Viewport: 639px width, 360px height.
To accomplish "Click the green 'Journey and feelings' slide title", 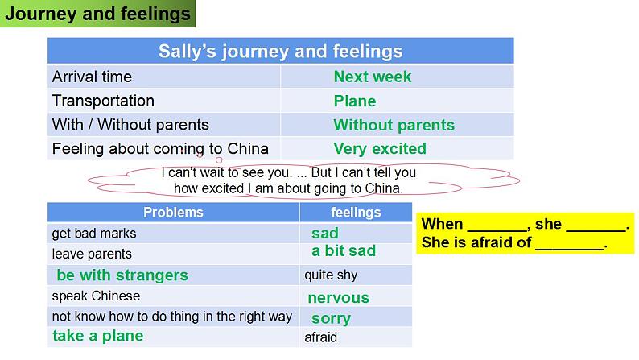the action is coord(98,14).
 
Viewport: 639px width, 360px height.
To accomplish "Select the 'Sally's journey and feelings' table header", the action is coord(280,52).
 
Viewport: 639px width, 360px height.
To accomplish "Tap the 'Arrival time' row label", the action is coord(92,77).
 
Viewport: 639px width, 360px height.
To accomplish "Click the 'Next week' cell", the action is coord(373,77).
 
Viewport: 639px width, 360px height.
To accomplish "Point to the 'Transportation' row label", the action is coord(103,101).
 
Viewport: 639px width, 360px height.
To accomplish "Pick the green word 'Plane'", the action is coord(355,101).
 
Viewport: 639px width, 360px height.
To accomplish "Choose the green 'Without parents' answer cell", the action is coord(394,125).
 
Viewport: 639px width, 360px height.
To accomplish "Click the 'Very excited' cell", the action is coord(380,149).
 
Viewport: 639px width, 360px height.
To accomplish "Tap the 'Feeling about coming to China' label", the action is coord(160,149).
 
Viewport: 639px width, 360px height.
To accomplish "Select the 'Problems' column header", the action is coord(173,213).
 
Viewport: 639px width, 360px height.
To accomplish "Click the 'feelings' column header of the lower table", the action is coord(356,213).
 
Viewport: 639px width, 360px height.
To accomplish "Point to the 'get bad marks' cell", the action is coord(93,234).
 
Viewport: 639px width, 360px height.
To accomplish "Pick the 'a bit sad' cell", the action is coord(344,250).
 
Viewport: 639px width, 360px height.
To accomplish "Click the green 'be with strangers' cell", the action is coord(122,275).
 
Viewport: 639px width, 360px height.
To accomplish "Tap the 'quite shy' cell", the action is coord(331,275).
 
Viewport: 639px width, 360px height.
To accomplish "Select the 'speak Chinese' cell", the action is coord(96,296).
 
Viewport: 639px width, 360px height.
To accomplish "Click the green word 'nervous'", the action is coord(339,298).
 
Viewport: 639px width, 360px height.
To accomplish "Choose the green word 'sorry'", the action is coord(331,318).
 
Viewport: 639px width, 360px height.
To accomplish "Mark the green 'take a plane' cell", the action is coord(98,336).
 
